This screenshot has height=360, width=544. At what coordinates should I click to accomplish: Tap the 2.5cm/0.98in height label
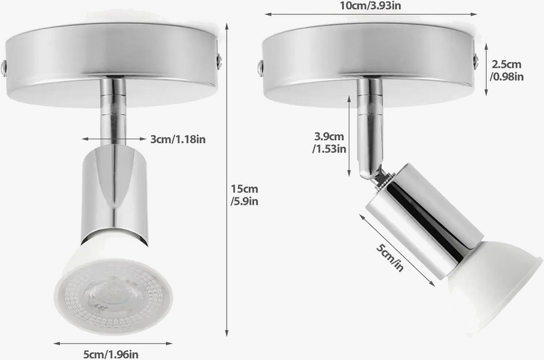pos(507,70)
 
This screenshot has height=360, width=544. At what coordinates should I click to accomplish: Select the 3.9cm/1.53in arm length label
pos(329,142)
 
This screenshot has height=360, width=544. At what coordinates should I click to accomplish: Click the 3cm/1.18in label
pos(177,139)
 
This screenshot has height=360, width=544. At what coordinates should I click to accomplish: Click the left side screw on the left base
pos(5,67)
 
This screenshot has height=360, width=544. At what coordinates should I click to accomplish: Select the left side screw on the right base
pos(260,66)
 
